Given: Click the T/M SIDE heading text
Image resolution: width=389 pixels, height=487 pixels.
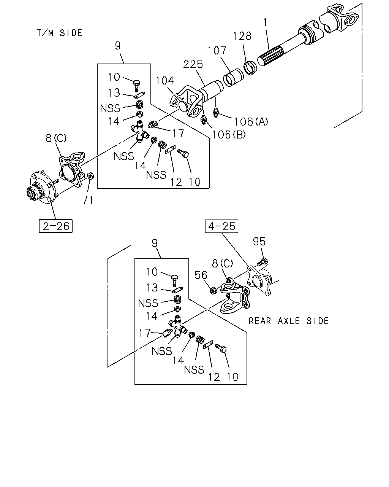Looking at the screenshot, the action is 59,33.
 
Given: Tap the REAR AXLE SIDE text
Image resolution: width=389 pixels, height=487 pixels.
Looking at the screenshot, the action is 289,321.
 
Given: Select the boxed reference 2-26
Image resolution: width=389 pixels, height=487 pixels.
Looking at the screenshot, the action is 56,226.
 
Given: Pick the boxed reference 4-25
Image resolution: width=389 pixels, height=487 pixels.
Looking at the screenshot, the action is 221,226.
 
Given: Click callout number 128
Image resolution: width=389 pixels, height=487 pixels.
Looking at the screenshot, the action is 242,36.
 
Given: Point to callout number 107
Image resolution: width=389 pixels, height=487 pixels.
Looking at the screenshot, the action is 217,51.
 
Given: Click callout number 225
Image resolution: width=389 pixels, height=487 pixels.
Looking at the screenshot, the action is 193,64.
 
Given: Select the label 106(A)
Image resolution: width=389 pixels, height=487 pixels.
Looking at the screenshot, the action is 251,121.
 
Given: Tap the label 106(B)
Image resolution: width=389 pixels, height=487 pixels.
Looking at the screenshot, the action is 229,135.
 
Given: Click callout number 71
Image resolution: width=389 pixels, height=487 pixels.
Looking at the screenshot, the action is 88,200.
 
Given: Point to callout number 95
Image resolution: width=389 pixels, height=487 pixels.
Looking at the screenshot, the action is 259,242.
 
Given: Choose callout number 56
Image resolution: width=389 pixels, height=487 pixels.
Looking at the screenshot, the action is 201,275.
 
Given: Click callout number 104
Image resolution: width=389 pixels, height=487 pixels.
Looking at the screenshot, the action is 165,81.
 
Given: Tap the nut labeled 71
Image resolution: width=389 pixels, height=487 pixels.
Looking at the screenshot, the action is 90,176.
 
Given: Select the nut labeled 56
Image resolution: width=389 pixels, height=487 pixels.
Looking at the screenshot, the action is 213,290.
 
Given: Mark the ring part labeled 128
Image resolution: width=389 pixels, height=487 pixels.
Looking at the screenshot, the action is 250,67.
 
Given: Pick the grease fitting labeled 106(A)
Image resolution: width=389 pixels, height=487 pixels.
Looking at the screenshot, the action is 216,113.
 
